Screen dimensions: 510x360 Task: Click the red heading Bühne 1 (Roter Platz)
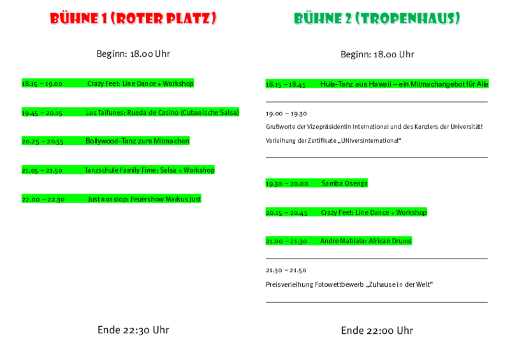tap(133, 18)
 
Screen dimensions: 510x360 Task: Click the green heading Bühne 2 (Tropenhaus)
tap(377, 18)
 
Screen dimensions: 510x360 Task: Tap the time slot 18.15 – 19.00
tap(42, 84)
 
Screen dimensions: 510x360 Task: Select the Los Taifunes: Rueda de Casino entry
tap(163, 113)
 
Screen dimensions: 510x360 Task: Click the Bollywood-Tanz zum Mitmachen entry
tap(137, 141)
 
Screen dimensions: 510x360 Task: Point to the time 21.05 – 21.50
tap(42, 170)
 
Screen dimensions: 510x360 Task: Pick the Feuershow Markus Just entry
tap(145, 199)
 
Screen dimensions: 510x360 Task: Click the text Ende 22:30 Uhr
tap(133, 330)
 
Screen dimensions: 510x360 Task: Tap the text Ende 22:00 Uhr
tap(377, 331)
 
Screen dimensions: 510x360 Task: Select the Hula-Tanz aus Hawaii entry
tap(404, 84)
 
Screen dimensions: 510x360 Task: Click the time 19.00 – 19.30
tap(286, 114)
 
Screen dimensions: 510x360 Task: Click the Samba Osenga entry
tap(345, 184)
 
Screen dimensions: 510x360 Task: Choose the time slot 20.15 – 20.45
tap(286, 213)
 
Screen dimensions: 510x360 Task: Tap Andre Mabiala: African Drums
tap(366, 241)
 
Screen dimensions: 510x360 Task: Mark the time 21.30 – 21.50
tap(286, 270)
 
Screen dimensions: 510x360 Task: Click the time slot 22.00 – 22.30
tap(43, 199)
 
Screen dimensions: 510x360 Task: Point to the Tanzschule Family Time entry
tap(150, 170)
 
